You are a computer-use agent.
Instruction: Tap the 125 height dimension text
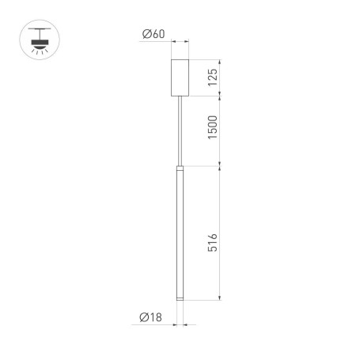point(211,78)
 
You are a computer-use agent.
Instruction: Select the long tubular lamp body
point(180,237)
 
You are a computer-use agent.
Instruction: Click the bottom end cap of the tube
point(180,299)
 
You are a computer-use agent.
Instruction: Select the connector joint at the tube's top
point(180,169)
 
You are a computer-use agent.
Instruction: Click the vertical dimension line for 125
point(219,78)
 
